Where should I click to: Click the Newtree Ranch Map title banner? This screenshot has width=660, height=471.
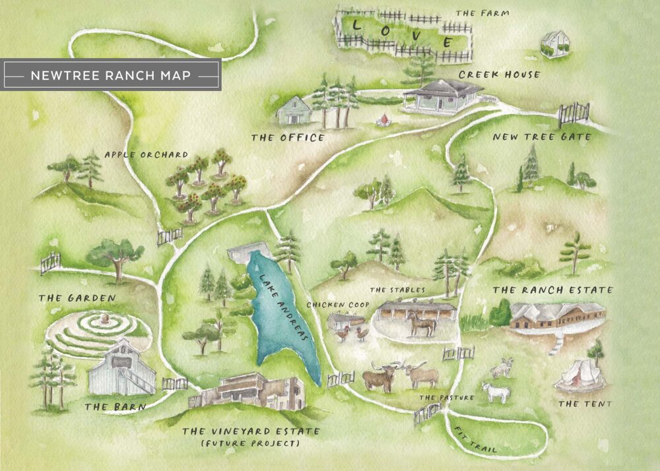click(x=111, y=76)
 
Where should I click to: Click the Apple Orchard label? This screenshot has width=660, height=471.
click(x=146, y=156)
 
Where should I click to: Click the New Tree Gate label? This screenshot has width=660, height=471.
click(x=542, y=137)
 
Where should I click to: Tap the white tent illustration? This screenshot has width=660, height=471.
click(x=578, y=375)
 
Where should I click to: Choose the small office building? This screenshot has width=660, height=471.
click(x=294, y=110)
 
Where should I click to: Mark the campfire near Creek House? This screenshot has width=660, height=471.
click(x=380, y=121)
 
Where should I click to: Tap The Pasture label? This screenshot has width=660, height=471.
click(x=447, y=398)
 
